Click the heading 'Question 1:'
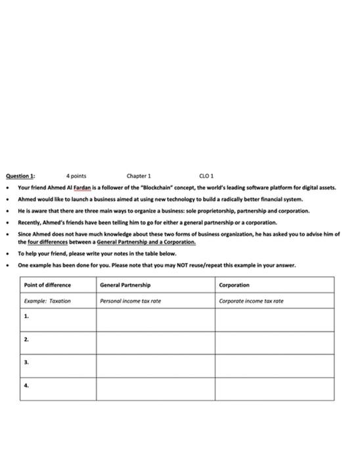20,176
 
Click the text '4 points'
76,176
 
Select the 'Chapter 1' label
139,176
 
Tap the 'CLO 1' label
206,176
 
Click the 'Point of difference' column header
47,285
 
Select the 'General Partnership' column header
125,285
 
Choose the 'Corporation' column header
234,285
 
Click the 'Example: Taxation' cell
47,301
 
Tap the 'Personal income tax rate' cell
131,301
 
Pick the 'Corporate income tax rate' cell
251,301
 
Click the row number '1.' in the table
26,317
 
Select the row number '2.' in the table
26,340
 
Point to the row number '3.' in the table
26,363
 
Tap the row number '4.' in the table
26,386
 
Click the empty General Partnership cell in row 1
156,320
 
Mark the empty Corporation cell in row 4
274,388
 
